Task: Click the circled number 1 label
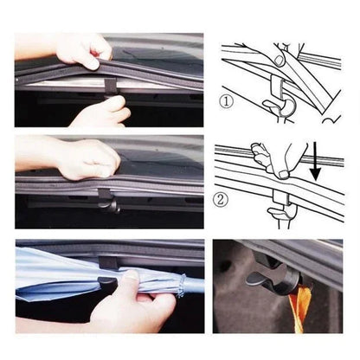pos(228,103)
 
